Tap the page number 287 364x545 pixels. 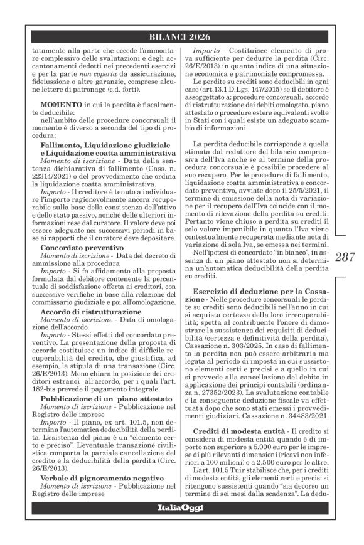(x=343, y=255)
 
